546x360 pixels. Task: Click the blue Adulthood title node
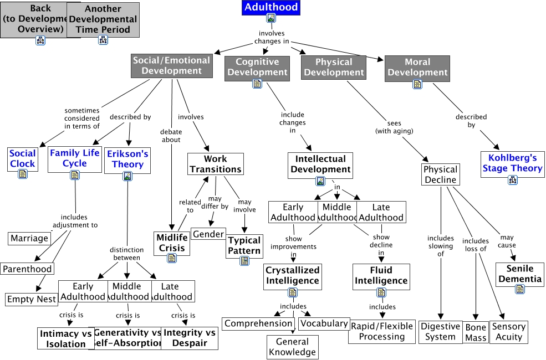tap(271, 8)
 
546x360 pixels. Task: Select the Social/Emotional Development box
tap(172, 65)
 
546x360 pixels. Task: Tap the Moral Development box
tap(417, 67)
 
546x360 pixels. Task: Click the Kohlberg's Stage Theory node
tap(512, 163)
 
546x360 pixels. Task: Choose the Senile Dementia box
tap(519, 274)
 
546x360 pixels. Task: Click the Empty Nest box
tap(32, 299)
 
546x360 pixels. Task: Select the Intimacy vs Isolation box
tap(65, 338)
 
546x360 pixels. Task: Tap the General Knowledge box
tap(292, 347)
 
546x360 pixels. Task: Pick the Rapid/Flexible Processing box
tap(381, 331)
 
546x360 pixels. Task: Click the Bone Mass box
tap(476, 332)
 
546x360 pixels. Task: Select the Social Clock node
tap(23, 158)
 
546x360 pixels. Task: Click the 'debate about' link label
tap(171, 136)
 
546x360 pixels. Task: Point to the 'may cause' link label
tap(507, 241)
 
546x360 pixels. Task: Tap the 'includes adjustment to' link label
tap(75, 221)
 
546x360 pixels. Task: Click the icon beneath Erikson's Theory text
tap(127, 176)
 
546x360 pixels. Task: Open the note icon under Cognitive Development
tap(257, 84)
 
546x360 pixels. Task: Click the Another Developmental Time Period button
tap(103, 19)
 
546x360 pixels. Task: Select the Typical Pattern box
tap(244, 245)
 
